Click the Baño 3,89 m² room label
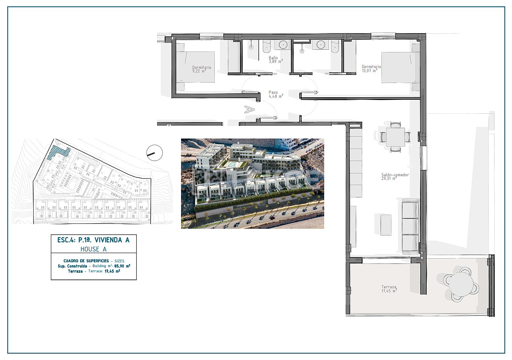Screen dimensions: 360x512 coord(276,60)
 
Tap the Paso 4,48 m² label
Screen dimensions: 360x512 coord(276,94)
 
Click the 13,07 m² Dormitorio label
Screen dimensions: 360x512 coord(371,68)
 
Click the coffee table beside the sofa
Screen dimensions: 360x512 coord(386,225)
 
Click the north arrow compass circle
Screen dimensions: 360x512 coord(155,153)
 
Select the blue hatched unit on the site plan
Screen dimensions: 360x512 coord(58,153)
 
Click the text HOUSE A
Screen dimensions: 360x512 coord(93,249)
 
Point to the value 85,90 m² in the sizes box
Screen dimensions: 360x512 coord(122,266)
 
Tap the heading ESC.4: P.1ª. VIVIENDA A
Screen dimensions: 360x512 coord(93,240)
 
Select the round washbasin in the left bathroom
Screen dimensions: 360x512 coord(283,44)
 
